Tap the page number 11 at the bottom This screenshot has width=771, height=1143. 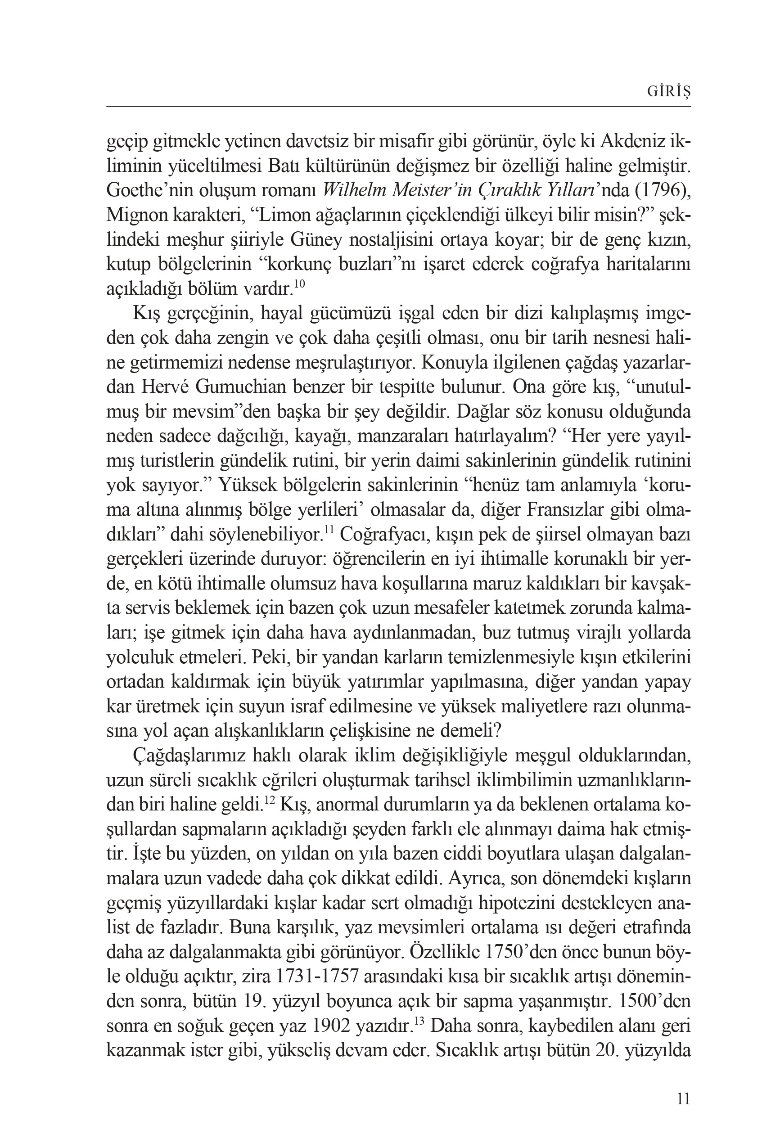(683, 1099)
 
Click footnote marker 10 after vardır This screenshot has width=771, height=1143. (299, 284)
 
